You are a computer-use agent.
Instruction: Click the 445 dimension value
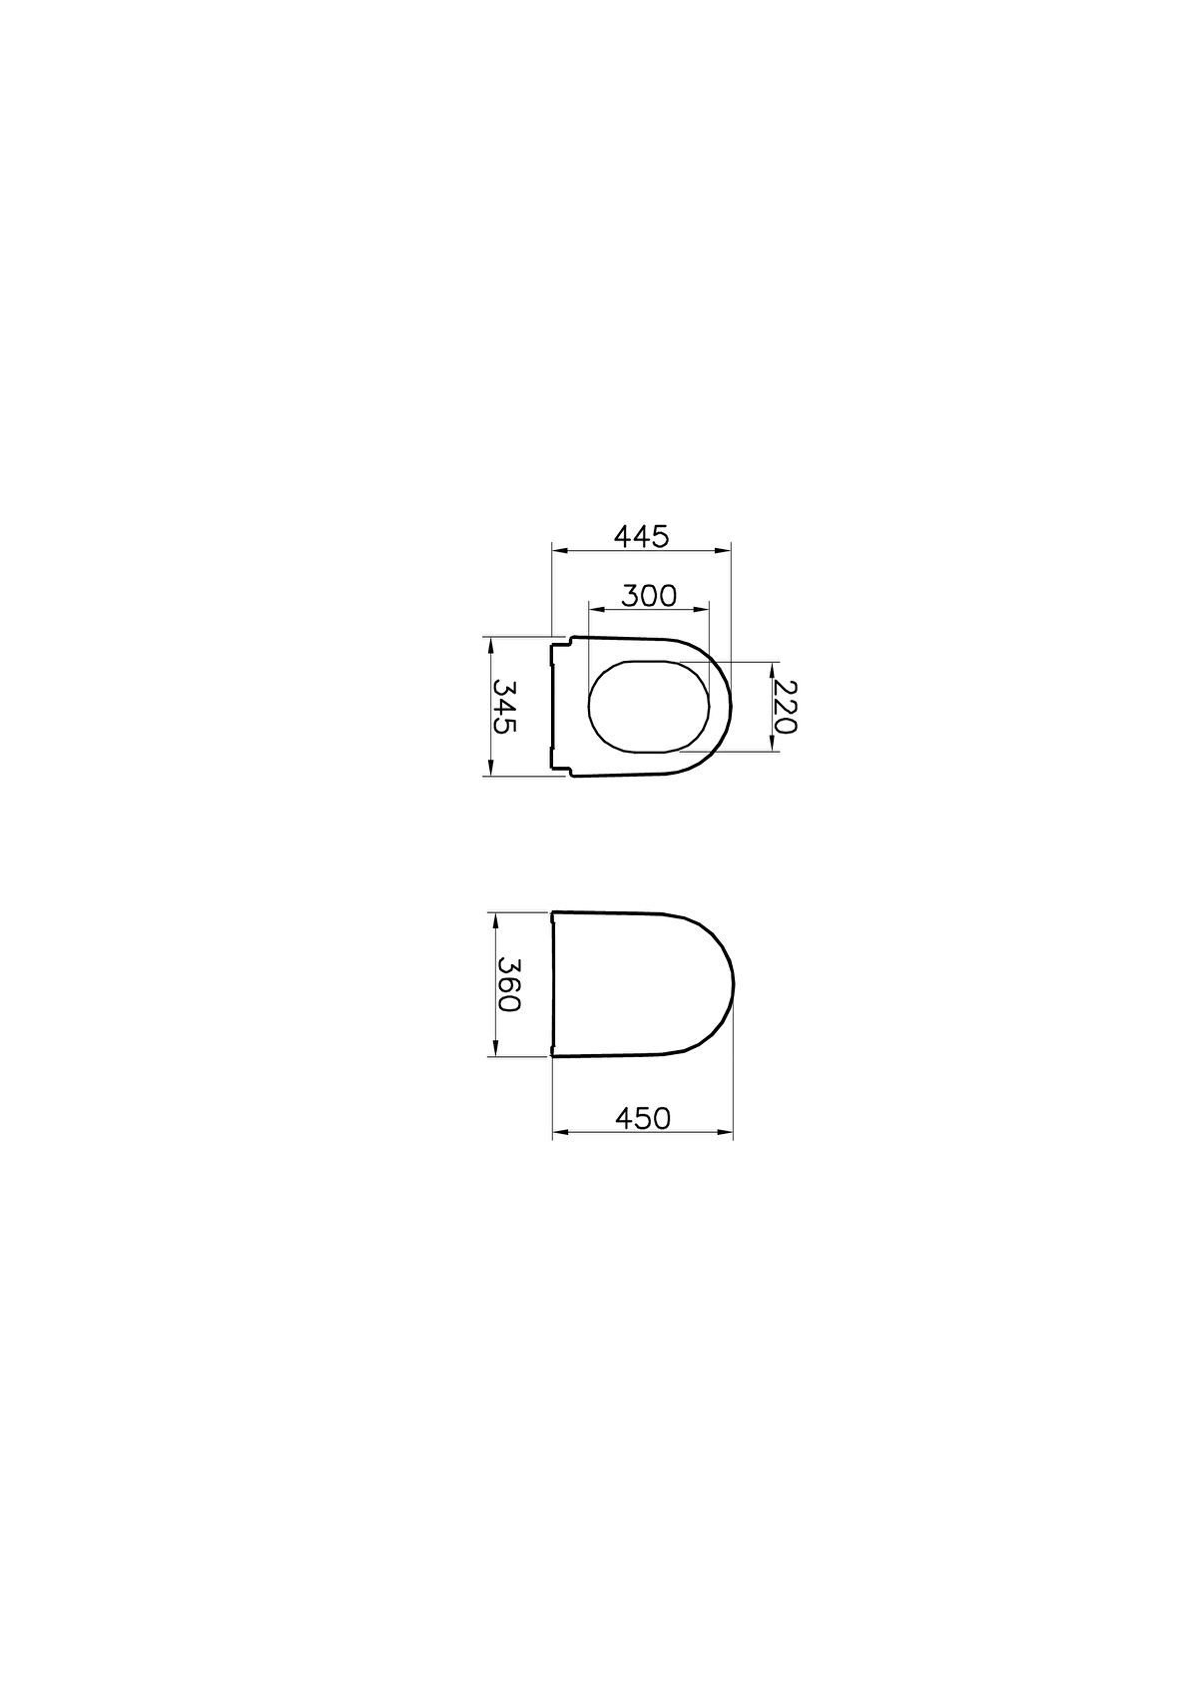point(641,536)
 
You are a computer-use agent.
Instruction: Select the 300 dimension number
point(648,596)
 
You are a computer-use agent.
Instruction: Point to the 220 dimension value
point(786,707)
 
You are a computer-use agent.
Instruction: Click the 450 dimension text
point(642,1118)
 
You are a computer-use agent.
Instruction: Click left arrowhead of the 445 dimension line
point(559,551)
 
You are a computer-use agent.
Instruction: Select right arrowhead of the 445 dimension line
point(723,551)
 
